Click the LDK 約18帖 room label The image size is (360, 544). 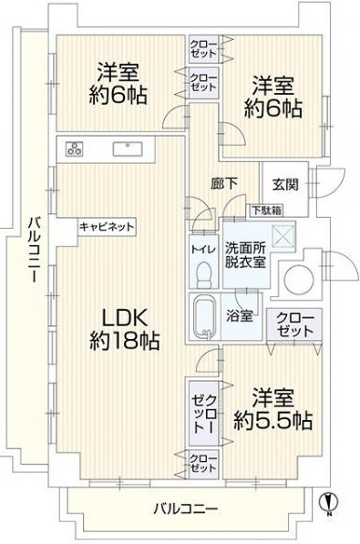tap(124, 329)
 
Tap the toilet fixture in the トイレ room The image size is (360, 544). tap(204, 275)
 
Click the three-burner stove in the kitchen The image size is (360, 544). tap(75, 149)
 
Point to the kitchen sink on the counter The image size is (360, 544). tap(128, 149)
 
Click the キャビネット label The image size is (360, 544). tap(107, 227)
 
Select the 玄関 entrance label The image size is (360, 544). tap(285, 185)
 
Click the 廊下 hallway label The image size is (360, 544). tap(224, 183)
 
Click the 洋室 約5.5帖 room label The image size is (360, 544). tap(273, 410)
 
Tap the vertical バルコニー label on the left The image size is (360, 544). tap(34, 251)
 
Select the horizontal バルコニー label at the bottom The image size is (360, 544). tap(187, 509)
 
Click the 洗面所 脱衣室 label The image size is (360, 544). tap(245, 255)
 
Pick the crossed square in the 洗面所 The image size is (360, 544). tap(283, 237)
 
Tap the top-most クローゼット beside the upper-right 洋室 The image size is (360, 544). tap(203, 49)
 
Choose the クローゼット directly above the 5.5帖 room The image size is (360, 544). tap(294, 325)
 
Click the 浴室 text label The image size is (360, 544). tap(239, 316)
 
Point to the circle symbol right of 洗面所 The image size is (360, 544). tap(298, 278)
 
